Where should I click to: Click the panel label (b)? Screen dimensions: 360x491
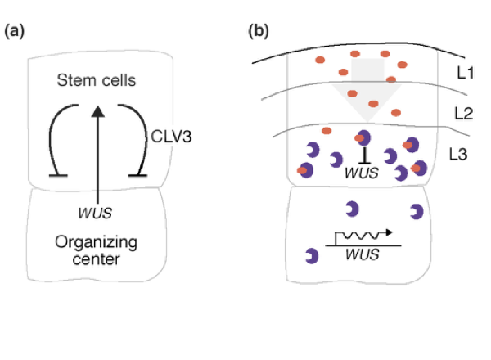point(258,32)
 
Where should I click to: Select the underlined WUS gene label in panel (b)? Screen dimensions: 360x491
point(362,255)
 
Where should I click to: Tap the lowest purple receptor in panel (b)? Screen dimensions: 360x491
point(311,255)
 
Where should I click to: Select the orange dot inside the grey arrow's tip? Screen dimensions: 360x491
point(374,104)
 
